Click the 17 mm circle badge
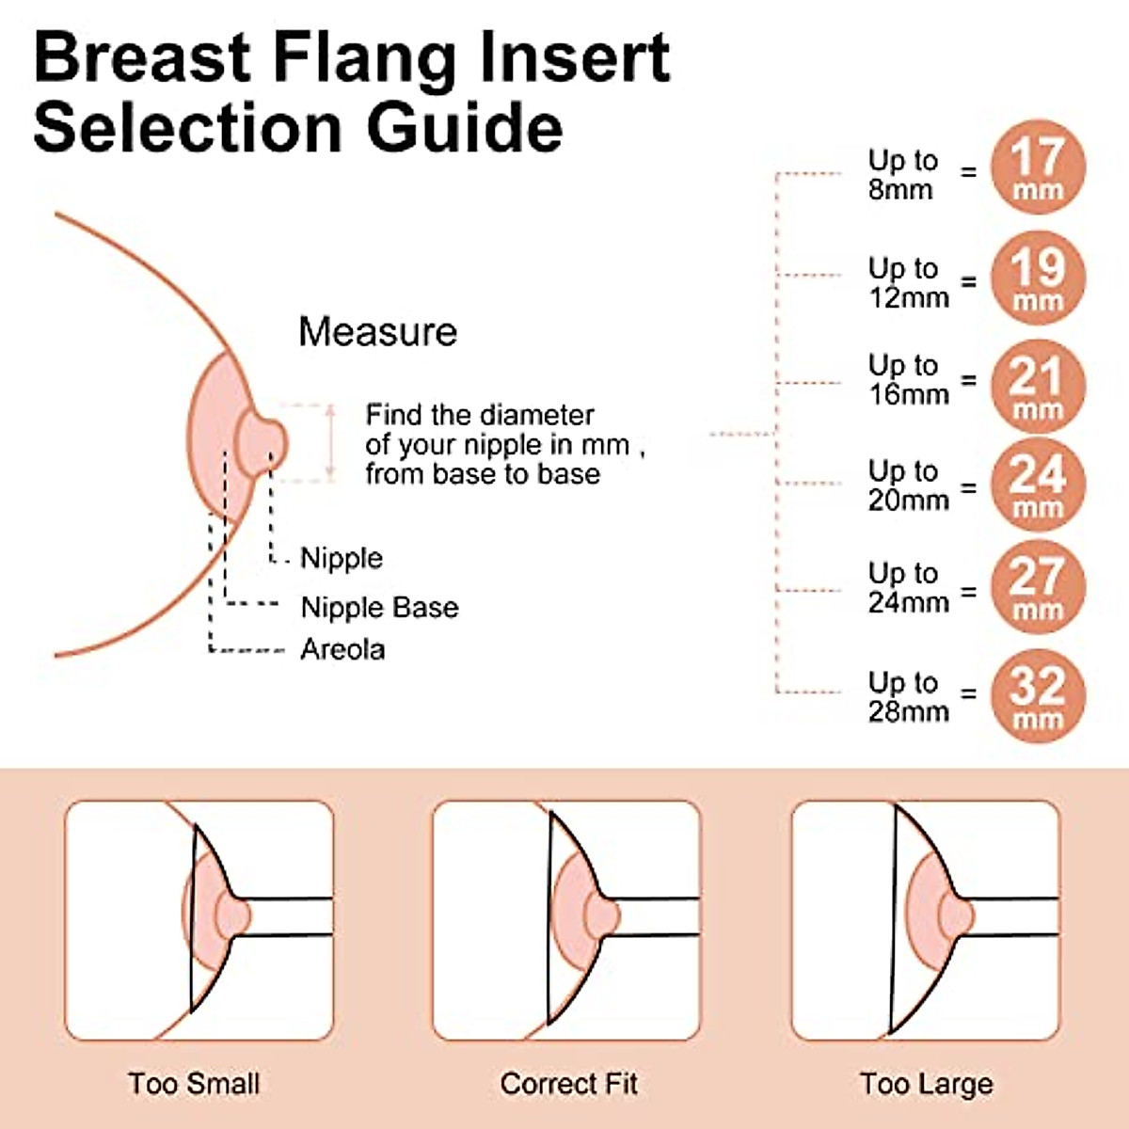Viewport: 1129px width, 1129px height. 1038,167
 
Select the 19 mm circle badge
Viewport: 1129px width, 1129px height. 1038,278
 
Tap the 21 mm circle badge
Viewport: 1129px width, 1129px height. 1038,386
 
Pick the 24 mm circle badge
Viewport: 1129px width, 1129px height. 1038,485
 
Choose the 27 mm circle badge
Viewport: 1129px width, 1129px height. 1038,588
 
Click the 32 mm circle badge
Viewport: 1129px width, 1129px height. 1038,696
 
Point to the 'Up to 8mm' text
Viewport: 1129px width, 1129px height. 902,174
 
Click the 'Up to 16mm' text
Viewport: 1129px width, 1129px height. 907,379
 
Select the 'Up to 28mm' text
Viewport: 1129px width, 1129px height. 907,696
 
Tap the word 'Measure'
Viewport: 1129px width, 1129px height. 377,332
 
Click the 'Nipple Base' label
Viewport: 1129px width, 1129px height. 379,608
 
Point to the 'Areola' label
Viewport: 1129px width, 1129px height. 342,649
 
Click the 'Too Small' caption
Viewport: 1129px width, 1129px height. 194,1084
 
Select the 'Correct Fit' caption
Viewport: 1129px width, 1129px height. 568,1084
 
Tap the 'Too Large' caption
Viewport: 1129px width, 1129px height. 926,1084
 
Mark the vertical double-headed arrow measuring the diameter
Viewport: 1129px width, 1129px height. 330,442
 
